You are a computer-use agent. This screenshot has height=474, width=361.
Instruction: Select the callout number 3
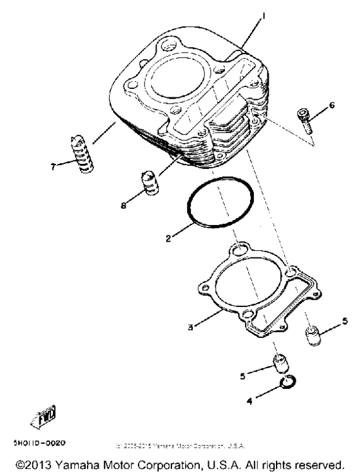(x=191, y=327)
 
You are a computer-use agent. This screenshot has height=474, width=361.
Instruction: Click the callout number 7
(x=54, y=165)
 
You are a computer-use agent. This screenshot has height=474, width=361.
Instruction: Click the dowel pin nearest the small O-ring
(x=279, y=366)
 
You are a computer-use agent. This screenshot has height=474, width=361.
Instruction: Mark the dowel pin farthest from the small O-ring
(x=313, y=336)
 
